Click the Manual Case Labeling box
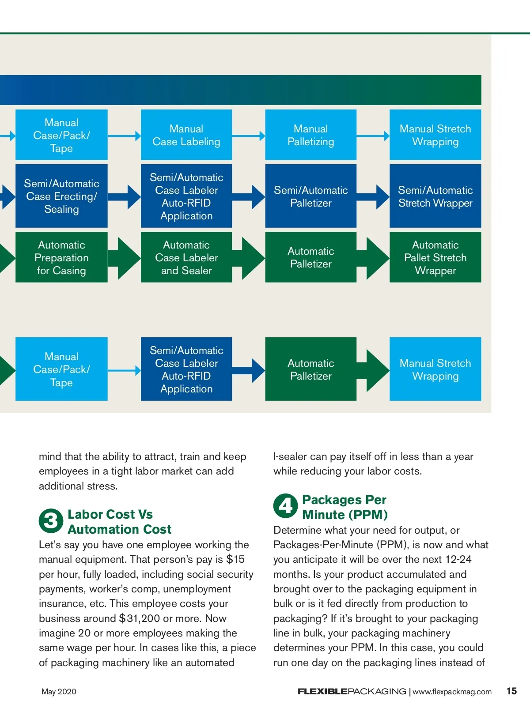[x=186, y=135]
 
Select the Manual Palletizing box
[x=310, y=135]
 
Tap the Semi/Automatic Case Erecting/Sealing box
[x=61, y=196]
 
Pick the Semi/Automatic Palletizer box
[x=310, y=196]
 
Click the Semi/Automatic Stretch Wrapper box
[x=435, y=196]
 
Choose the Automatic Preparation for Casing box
[x=61, y=257]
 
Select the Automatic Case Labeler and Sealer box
[x=186, y=257]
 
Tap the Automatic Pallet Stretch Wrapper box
[x=435, y=257]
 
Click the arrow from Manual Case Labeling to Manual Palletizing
[x=249, y=136]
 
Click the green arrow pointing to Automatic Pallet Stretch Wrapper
[x=375, y=258]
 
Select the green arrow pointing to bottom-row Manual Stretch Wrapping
[x=375, y=369]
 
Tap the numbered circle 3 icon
[x=51, y=521]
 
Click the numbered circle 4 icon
[x=285, y=506]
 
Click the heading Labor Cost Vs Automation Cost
[x=119, y=522]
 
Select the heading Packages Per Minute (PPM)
[x=344, y=507]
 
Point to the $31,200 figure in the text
[x=140, y=618]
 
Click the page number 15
[x=511, y=691]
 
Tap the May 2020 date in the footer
[x=59, y=692]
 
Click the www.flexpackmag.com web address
[x=452, y=692]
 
